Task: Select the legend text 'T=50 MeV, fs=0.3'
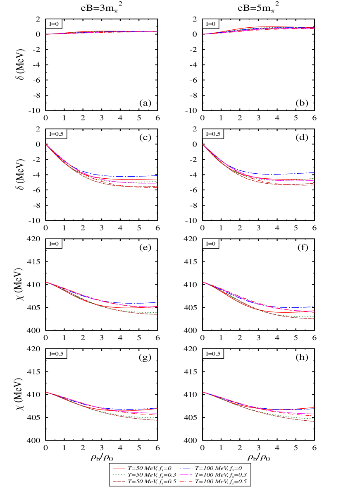click(151, 474)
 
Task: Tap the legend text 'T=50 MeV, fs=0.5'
click(151, 482)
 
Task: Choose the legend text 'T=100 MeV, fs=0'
click(218, 467)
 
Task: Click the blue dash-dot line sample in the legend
click(186, 467)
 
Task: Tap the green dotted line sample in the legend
click(119, 474)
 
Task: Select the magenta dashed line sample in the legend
click(186, 474)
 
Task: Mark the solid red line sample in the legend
click(119, 467)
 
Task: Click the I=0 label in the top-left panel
click(54, 24)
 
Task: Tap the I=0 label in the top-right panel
click(211, 24)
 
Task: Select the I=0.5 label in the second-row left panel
click(56, 134)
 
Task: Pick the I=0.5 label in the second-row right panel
click(213, 134)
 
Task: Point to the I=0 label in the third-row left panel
click(54, 244)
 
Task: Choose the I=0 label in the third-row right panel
click(211, 244)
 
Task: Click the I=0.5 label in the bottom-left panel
click(56, 354)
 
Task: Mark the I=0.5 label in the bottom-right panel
click(213, 354)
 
